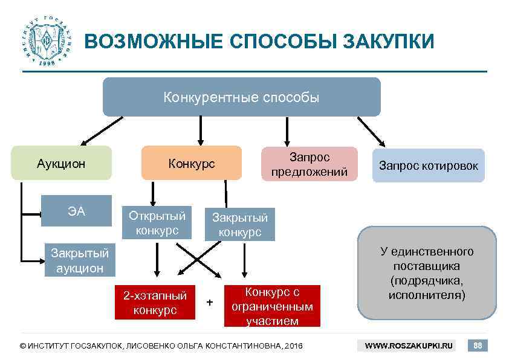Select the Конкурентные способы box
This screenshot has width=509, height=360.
coord(241,97)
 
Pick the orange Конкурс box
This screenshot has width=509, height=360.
coord(191,163)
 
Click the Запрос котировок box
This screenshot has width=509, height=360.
coord(428,166)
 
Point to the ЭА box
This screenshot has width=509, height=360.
coord(76,211)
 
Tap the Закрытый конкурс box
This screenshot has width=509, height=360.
coord(239,224)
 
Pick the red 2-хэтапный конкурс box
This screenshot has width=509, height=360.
coord(155,302)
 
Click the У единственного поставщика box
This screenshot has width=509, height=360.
coord(427,273)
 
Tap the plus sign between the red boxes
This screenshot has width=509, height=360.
coord(210,302)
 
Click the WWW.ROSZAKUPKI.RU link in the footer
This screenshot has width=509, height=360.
coord(409,346)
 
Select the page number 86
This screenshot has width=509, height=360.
coord(478,346)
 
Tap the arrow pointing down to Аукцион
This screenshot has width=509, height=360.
coord(100,131)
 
